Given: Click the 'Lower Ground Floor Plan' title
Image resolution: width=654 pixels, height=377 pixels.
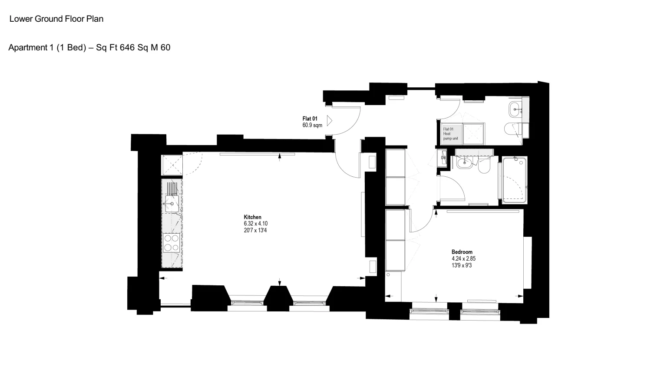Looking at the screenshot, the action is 56,19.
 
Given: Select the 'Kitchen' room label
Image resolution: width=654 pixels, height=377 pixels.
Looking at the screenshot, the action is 253,217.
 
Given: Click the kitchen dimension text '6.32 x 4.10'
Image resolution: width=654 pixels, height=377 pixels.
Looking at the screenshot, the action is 256,224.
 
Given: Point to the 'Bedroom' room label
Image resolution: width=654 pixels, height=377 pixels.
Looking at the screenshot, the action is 462,252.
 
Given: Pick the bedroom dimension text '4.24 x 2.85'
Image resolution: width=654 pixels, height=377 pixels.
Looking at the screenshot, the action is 464,258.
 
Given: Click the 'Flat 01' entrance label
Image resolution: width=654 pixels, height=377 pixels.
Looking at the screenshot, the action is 310,119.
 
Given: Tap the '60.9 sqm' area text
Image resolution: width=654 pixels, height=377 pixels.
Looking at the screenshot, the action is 312,125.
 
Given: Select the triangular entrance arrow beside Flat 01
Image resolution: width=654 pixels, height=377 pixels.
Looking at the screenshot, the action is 330,121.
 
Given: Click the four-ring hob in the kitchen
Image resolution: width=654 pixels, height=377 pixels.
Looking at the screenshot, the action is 172,243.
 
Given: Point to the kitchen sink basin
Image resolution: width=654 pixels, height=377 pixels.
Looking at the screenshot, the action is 172,204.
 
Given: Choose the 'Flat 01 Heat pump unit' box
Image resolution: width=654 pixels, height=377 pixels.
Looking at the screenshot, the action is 451,134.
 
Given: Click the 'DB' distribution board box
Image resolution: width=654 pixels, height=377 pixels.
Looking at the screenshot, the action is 443,158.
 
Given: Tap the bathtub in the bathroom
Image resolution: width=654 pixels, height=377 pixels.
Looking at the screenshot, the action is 515,180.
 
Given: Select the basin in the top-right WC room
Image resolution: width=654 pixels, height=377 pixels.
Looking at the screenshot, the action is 515,109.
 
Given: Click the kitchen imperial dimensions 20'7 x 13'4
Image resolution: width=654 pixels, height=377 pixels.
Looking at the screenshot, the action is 255,230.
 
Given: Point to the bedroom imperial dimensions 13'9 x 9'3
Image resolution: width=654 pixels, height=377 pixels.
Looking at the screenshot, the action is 462,265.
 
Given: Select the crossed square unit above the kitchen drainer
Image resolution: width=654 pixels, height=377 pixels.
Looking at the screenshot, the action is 172,165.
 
